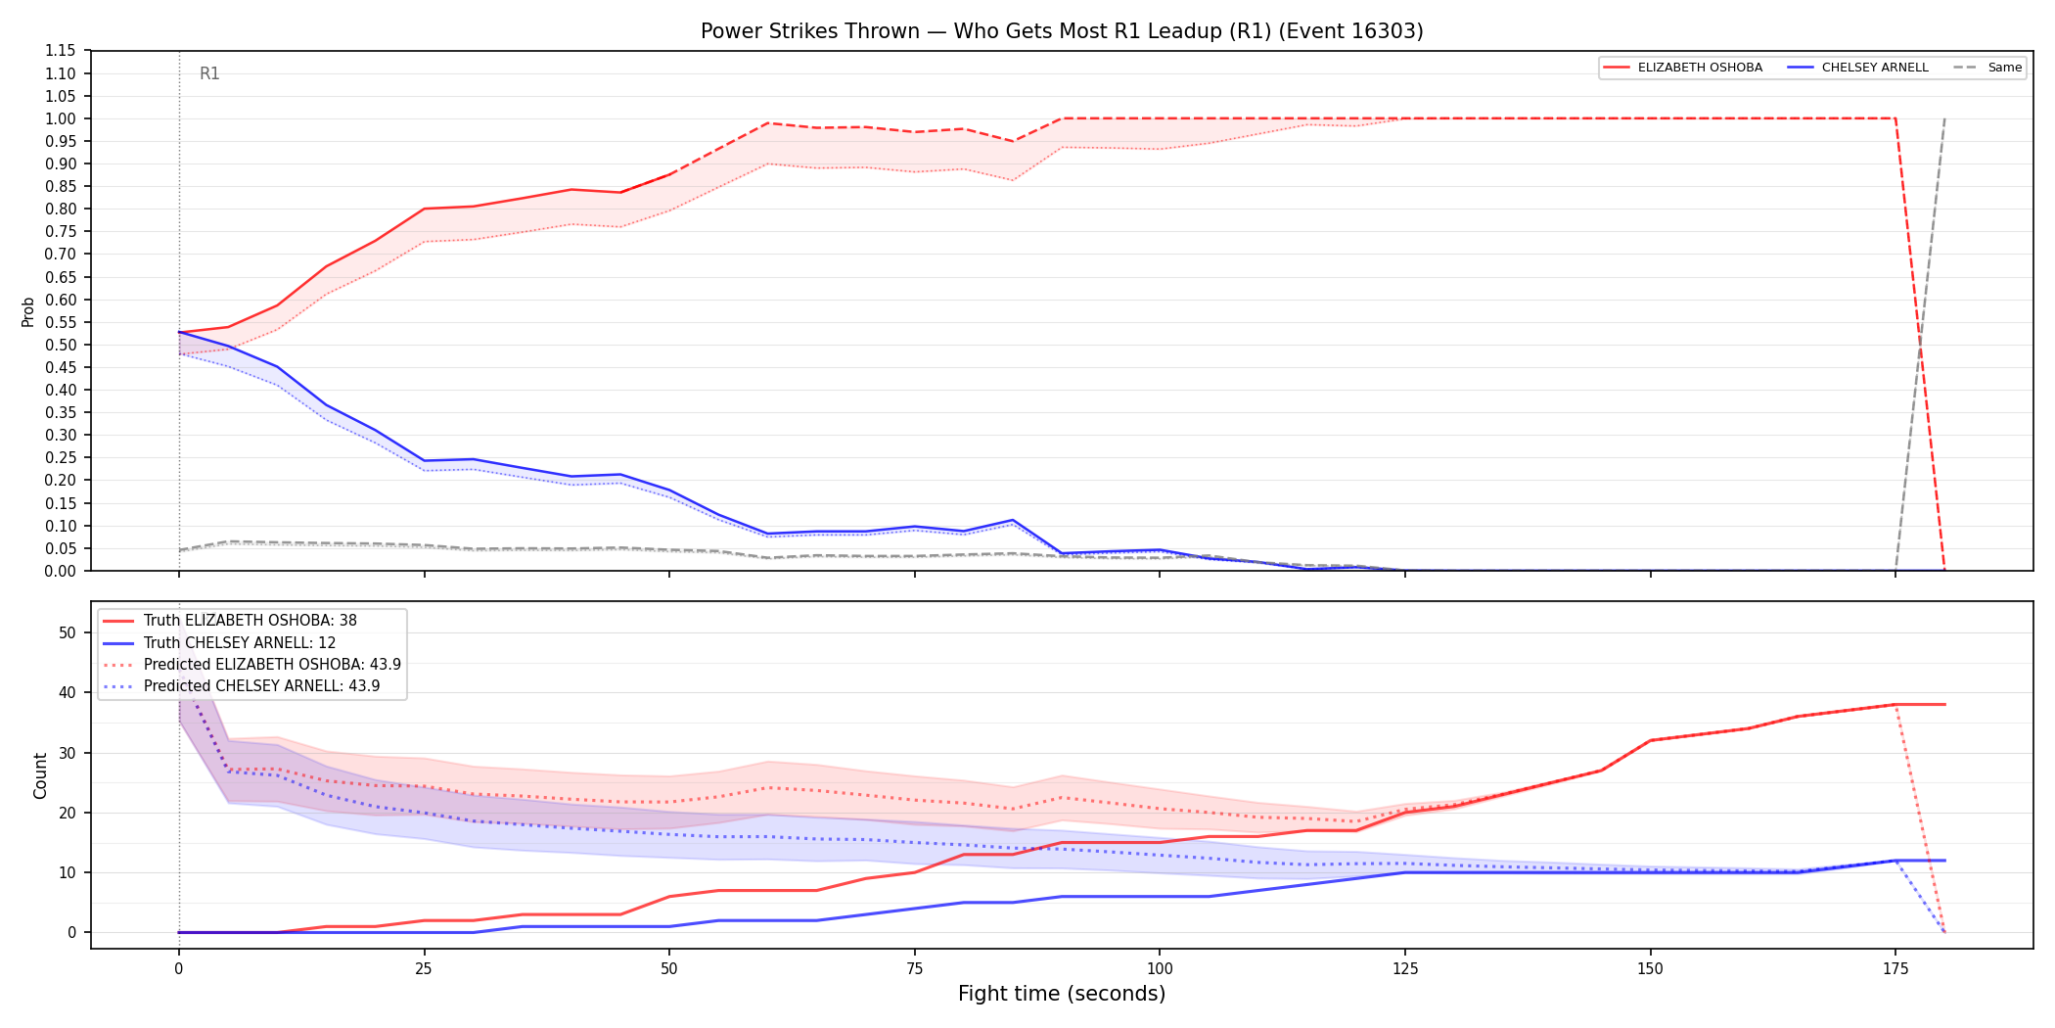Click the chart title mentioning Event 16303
1062,31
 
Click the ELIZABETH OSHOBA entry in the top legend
1683,68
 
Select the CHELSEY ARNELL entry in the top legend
1858,68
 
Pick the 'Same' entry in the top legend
1987,68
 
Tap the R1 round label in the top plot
209,73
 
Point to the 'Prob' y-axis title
28,311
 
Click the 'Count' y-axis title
40,775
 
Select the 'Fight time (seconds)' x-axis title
1062,994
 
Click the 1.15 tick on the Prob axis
60,51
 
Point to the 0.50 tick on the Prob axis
60,345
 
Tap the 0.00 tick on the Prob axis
60,571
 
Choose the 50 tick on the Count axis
67,632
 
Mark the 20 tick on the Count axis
67,813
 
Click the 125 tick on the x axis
1405,969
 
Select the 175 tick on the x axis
1895,969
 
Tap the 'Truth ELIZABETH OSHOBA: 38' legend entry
231,621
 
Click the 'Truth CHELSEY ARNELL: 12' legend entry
220,643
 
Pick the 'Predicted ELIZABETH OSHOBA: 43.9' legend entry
252,665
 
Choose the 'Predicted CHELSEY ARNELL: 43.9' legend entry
242,686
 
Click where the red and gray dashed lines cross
1920,345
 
